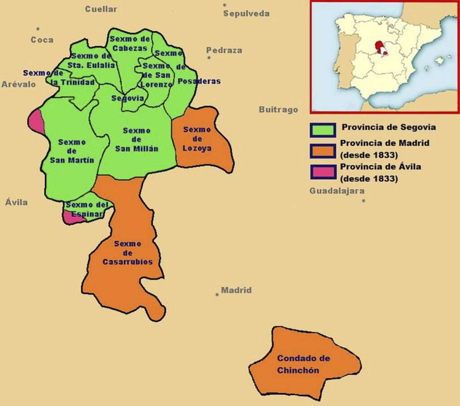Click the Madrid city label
(x=236, y=290)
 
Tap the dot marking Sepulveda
(x=225, y=5)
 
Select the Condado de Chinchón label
(x=303, y=364)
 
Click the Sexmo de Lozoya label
(x=197, y=139)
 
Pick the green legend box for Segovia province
(x=323, y=130)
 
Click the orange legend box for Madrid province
(x=323, y=151)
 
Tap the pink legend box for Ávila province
(x=323, y=172)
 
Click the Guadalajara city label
(x=337, y=191)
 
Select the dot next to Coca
(x=38, y=29)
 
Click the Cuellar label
(x=101, y=9)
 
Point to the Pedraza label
(x=224, y=50)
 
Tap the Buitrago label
(x=278, y=110)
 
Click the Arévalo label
(x=18, y=85)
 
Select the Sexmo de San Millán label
(x=137, y=140)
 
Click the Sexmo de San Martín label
(x=72, y=151)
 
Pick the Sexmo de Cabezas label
(x=130, y=44)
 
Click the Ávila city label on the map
(x=17, y=202)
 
